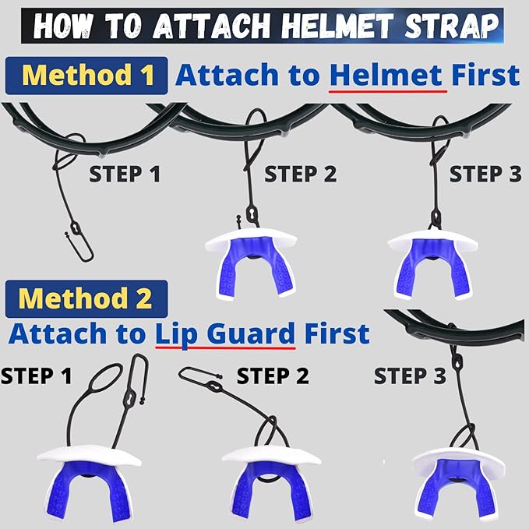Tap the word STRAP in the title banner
coord(451,26)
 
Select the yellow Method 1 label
coord(87,75)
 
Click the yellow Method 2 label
coord(86,298)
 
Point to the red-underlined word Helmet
coord(386,75)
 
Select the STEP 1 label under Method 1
coord(125,174)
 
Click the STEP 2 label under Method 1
coord(300,174)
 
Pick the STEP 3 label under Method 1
coord(485,174)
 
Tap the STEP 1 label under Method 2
coord(37,376)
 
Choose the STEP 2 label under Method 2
coord(273,376)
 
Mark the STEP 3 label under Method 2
coord(410,376)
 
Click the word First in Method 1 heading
coord(486,75)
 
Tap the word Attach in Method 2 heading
coord(58,333)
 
